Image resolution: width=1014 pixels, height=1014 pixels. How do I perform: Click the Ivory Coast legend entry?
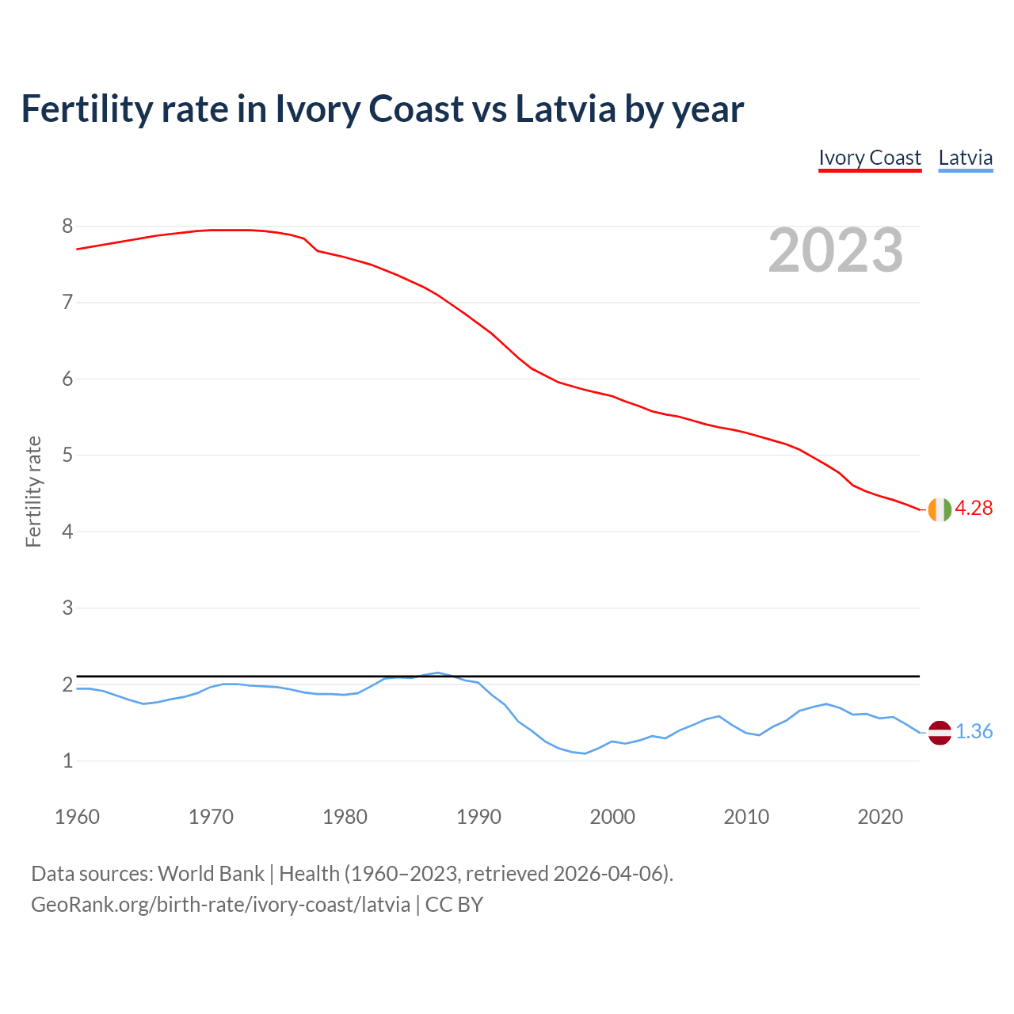tap(869, 158)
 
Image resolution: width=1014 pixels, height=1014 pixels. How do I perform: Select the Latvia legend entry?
tap(965, 158)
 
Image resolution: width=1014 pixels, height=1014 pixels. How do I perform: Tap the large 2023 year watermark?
tap(835, 250)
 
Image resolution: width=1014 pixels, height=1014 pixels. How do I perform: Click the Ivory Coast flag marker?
tap(939, 509)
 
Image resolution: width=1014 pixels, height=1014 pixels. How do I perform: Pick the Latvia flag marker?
tap(939, 733)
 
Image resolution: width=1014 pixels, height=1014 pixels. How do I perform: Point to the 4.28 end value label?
tap(974, 509)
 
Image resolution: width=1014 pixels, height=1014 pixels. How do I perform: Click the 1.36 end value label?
tap(974, 732)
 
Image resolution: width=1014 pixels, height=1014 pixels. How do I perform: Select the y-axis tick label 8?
tap(67, 227)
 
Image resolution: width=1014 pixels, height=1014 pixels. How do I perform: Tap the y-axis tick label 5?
tap(67, 456)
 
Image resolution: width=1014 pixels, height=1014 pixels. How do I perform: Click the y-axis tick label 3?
tap(67, 608)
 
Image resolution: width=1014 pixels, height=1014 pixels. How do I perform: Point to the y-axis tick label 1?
tap(67, 761)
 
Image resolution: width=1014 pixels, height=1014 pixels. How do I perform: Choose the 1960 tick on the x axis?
tap(77, 817)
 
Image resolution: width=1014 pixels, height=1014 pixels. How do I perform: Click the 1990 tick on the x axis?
tap(478, 817)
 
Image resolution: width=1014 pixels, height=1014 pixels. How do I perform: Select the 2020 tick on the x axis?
tap(880, 817)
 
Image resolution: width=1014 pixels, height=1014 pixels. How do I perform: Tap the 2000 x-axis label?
tap(612, 817)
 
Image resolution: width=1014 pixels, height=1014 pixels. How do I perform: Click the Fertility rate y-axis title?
tap(33, 491)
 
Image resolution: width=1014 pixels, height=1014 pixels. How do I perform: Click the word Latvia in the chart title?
tap(565, 109)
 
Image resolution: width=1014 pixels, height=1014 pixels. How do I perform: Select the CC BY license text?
tap(454, 905)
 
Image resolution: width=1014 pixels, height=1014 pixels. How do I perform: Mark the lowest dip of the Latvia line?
tap(585, 753)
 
